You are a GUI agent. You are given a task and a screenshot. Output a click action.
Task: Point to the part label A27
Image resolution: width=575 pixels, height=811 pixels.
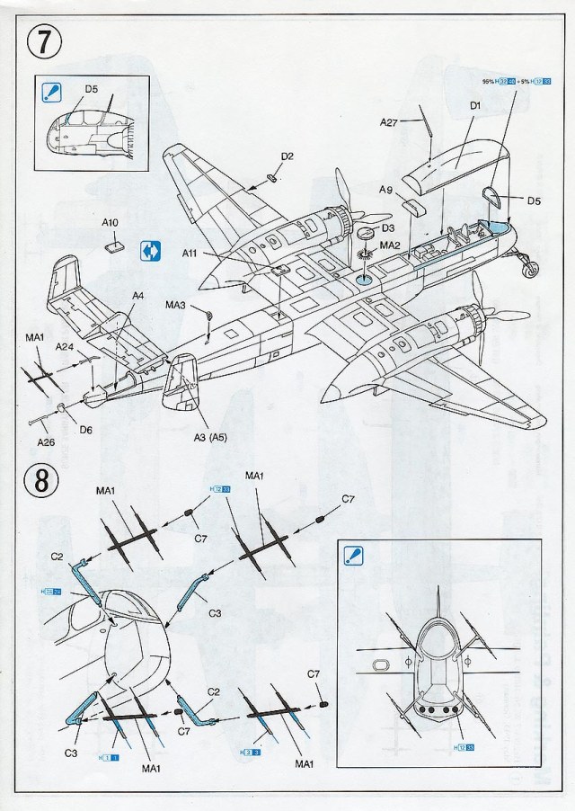388,122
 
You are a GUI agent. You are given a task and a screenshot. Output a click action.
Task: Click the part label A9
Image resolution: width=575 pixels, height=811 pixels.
385,191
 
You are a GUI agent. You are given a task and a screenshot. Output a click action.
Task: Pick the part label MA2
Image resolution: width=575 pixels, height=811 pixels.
390,245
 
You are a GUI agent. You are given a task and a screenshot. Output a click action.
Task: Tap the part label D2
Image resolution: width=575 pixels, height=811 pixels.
287,156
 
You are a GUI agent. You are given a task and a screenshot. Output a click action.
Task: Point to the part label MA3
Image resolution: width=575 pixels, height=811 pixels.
174,306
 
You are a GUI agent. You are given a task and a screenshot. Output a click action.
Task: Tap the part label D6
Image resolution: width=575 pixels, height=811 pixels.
85,431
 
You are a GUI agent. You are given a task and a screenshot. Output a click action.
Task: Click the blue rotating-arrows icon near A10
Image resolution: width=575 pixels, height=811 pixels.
151,250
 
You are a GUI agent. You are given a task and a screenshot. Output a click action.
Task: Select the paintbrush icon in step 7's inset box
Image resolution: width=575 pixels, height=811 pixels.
51,91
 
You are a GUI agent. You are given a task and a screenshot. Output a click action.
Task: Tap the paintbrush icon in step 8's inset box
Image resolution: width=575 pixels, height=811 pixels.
351,556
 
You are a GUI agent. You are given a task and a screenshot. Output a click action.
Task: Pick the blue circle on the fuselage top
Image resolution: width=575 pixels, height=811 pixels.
362,281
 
